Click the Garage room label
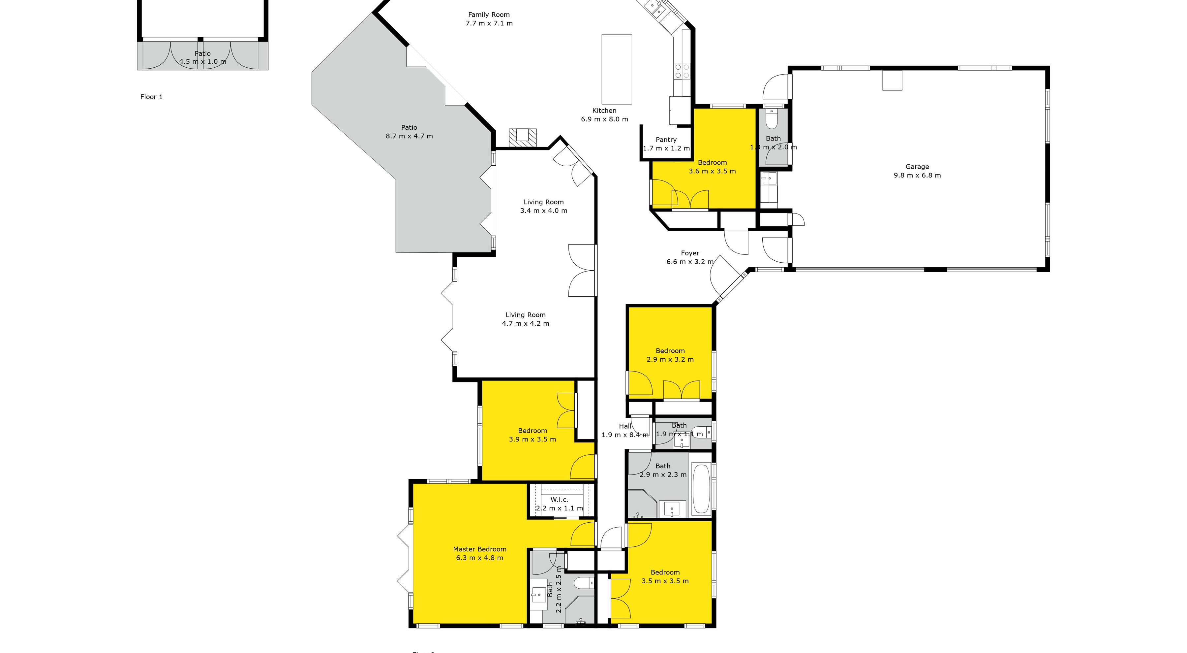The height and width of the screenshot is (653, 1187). [x=917, y=167]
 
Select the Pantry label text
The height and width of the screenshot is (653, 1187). [x=666, y=140]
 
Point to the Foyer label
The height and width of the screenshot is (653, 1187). [x=690, y=253]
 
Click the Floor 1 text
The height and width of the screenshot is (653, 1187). [x=151, y=97]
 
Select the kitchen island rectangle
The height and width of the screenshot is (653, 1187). [x=617, y=69]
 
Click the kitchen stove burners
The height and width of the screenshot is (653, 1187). [x=682, y=71]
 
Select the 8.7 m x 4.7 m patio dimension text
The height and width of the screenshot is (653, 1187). [x=409, y=136]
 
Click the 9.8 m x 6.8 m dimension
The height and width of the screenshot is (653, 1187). [x=917, y=175]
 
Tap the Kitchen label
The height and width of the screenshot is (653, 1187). [x=604, y=111]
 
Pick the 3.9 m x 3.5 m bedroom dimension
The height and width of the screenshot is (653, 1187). [x=532, y=440]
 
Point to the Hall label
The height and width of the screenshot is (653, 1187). [x=625, y=426]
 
